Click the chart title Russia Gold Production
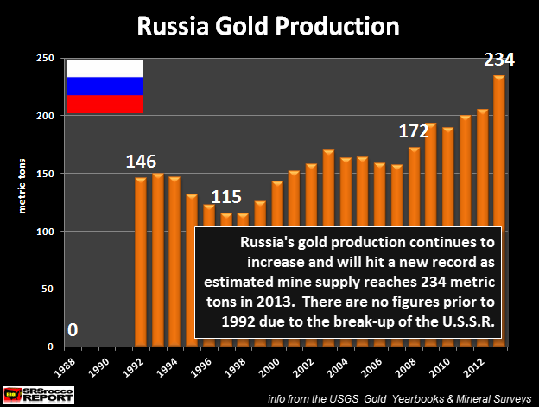tap(269, 26)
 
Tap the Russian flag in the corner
tap(105, 86)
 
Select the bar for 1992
tap(141, 259)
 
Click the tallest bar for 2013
tap(499, 207)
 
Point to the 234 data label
tap(498, 60)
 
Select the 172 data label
tap(415, 131)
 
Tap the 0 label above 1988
tap(73, 330)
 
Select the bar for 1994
tap(174, 259)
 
